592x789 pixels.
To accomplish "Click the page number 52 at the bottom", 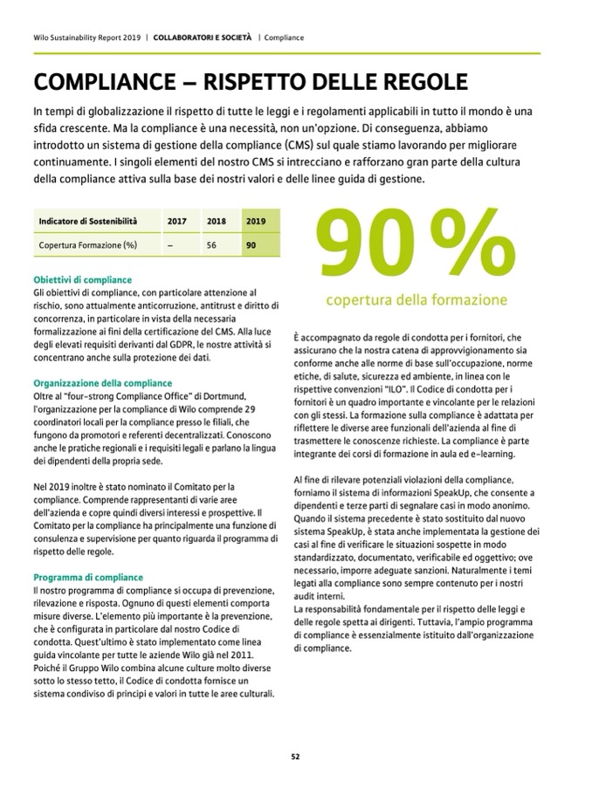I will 295,757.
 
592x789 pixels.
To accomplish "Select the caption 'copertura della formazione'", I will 416,300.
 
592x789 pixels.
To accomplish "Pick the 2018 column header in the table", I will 216,222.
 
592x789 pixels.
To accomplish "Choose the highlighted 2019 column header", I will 257,222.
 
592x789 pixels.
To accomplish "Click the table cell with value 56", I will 211,246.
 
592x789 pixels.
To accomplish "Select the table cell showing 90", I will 251,246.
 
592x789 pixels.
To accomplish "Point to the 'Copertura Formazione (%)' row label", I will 87,246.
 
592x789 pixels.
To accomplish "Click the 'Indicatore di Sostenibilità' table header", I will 87,222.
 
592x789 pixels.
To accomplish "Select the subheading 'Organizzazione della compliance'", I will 102,382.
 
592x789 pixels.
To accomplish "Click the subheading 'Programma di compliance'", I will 87,577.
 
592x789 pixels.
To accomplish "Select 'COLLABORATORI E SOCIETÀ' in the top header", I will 203,38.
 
